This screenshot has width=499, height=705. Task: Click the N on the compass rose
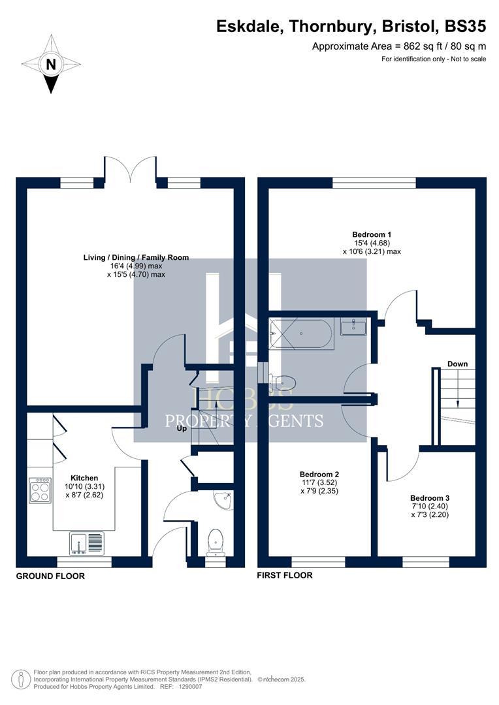(x=50, y=65)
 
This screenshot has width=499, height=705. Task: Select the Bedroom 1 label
(x=371, y=234)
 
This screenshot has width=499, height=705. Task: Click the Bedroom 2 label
(x=319, y=474)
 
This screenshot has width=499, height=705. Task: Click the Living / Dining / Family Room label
(x=136, y=257)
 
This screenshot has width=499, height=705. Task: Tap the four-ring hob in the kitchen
(x=40, y=490)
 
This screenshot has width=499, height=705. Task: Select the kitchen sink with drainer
(x=86, y=542)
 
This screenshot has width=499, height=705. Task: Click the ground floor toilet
(x=215, y=541)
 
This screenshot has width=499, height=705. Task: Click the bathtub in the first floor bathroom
(x=301, y=333)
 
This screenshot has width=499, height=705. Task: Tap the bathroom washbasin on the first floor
(x=353, y=326)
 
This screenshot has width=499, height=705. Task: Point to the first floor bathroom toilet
(x=283, y=383)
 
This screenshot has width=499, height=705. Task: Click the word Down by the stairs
(x=457, y=364)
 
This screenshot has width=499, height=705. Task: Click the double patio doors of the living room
(x=130, y=168)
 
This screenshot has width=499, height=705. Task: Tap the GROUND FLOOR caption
(x=50, y=576)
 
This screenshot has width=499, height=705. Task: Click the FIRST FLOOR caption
(x=285, y=575)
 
